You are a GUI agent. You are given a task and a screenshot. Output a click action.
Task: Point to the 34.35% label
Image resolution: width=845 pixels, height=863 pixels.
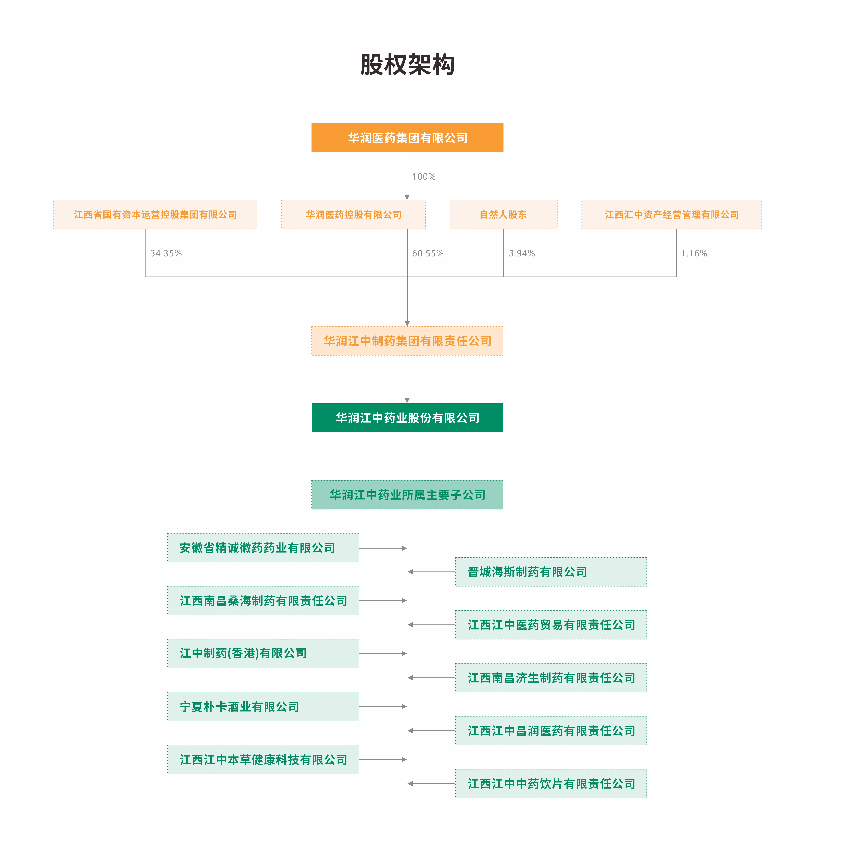[x=166, y=253]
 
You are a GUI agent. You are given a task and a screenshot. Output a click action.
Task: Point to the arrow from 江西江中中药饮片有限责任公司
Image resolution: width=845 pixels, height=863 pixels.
[x=431, y=784]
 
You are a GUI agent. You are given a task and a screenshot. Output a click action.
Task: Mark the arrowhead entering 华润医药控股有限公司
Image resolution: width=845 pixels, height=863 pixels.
[x=407, y=197]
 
